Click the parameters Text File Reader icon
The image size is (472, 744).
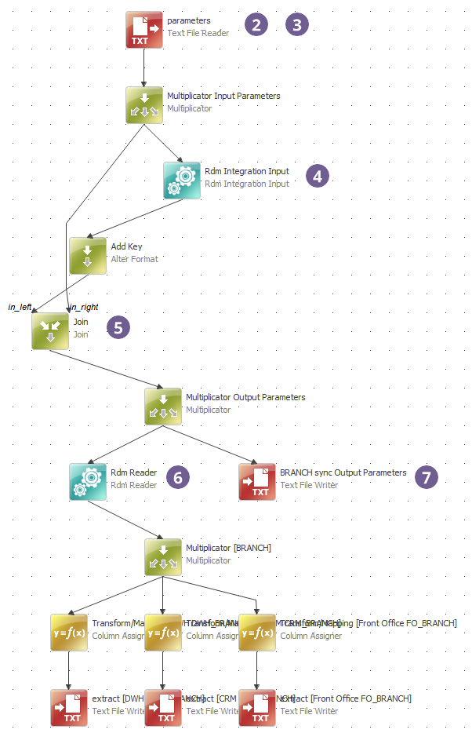click(x=144, y=30)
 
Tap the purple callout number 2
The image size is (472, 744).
click(x=256, y=24)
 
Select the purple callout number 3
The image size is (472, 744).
click(x=297, y=24)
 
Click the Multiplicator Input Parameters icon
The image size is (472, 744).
click(x=144, y=105)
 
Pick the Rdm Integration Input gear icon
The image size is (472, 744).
click(x=182, y=181)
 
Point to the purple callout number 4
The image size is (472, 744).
click(x=317, y=176)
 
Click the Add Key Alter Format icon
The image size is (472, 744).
click(x=88, y=256)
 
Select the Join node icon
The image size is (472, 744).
click(x=50, y=331)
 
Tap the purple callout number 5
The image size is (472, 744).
click(x=118, y=327)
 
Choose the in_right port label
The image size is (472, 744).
click(x=84, y=306)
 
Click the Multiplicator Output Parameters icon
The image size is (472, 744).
click(x=163, y=407)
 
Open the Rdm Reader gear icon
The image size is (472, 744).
click(x=88, y=482)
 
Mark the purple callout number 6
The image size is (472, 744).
click(x=178, y=476)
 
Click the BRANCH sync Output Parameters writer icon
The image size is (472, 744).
click(x=257, y=482)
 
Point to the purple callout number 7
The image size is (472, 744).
click(x=427, y=476)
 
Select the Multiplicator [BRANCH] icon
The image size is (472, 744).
click(x=163, y=557)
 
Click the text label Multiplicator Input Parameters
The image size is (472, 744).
click(x=223, y=96)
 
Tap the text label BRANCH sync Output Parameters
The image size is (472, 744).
click(x=343, y=472)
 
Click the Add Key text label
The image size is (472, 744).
click(x=127, y=246)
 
